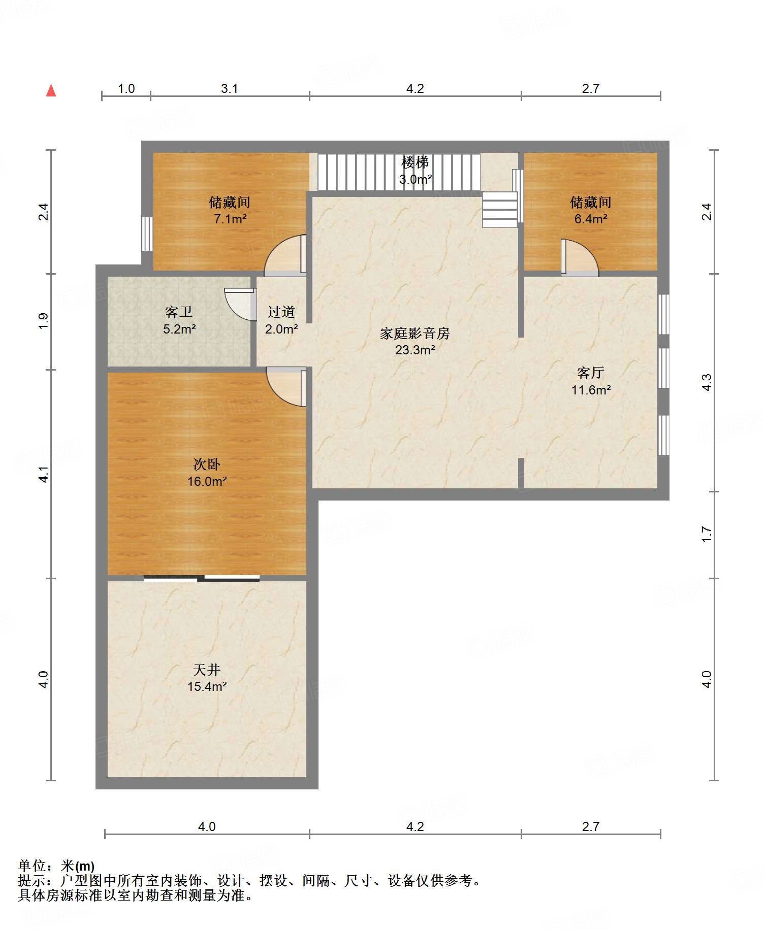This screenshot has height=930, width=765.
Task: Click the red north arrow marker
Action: coord(51,90)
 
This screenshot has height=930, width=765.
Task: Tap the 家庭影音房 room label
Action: coord(415,334)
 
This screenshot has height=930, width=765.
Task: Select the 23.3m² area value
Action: coord(415,350)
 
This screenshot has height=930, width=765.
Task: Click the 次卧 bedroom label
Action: coord(207,464)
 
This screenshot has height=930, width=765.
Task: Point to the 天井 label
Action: coord(207,670)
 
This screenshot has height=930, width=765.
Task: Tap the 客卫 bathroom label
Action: coord(179,312)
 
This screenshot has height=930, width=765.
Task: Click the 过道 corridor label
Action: coord(281,312)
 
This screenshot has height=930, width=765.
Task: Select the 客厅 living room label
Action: coord(591,373)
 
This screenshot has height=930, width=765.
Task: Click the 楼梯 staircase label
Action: coord(415,162)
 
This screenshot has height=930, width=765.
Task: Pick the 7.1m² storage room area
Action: coord(230,219)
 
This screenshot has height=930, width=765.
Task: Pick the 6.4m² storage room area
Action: coord(591,219)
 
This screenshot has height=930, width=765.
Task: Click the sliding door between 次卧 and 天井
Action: coord(202,578)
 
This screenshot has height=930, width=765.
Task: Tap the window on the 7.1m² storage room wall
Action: coord(147,234)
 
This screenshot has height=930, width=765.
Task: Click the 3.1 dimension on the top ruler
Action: coord(229,88)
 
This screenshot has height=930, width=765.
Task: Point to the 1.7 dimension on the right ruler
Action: coord(707,535)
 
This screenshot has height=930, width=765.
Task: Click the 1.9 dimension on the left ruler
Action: coord(44,321)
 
